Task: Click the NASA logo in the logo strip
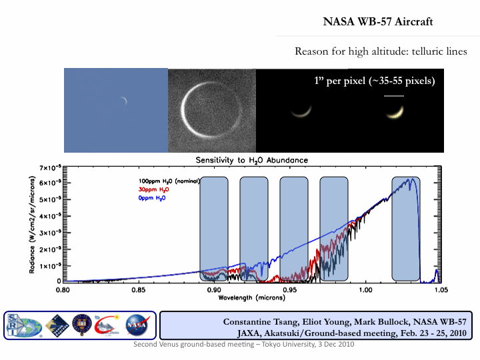coord(137,325)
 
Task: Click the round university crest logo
coord(81,325)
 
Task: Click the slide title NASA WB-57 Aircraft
coord(378,22)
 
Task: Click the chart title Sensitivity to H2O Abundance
coord(252,161)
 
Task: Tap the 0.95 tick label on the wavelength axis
coord(290,291)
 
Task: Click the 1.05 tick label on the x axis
coord(441,291)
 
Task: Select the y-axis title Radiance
coord(31,227)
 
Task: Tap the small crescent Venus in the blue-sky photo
coord(124,101)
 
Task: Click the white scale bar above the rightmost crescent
coord(395,95)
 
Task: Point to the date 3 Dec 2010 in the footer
coord(333,344)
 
